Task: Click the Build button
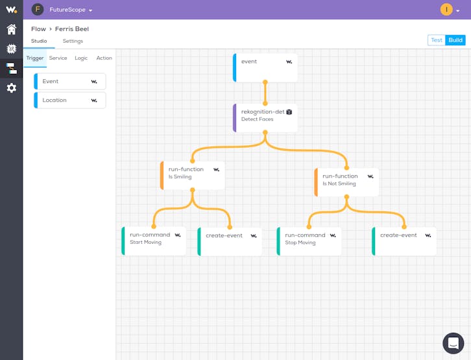(455, 40)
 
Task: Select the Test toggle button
(437, 40)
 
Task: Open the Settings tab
(73, 41)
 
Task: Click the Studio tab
(39, 41)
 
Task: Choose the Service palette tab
(58, 58)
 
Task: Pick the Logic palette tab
(81, 58)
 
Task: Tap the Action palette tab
(104, 58)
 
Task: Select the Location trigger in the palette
(70, 101)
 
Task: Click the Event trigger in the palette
(70, 81)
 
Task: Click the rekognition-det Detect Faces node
(265, 118)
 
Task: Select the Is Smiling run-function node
(193, 176)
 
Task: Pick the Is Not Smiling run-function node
(346, 182)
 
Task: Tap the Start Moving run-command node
(154, 241)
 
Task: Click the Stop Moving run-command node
(309, 241)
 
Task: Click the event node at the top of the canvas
(265, 68)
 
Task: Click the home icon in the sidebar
(12, 29)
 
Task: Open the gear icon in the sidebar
(12, 88)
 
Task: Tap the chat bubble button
(453, 343)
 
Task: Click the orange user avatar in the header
(446, 10)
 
